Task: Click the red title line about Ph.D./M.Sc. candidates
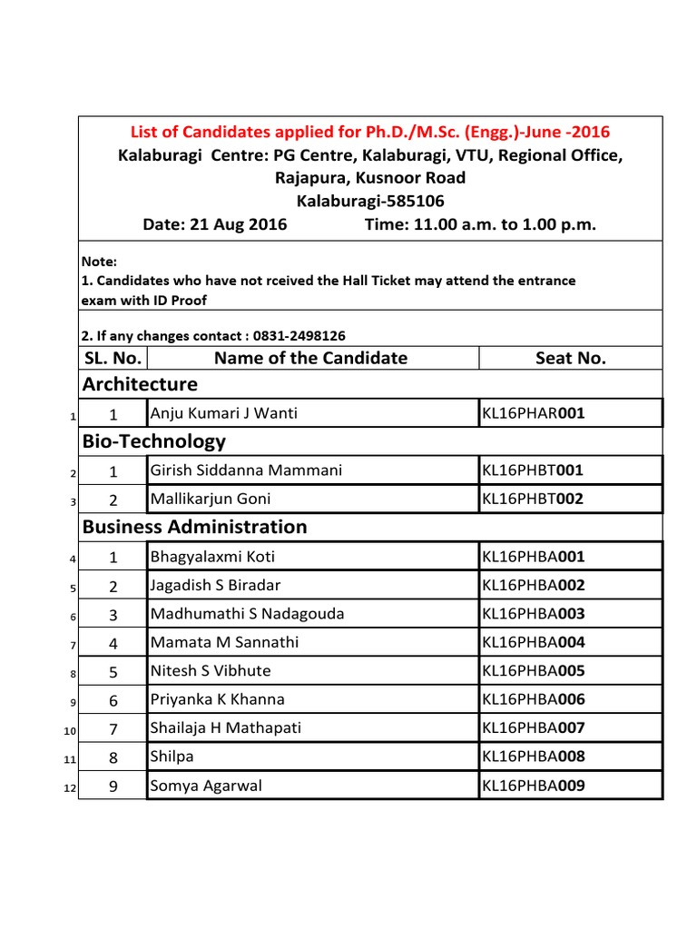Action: tap(370, 132)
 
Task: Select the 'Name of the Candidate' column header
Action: tap(310, 358)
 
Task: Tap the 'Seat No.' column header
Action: tap(570, 358)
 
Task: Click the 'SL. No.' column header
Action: tap(113, 358)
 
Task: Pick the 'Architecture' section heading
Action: tap(140, 384)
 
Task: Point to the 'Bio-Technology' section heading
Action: tap(154, 441)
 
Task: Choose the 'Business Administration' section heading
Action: tap(195, 527)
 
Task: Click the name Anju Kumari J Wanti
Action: tap(223, 414)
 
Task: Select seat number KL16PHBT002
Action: tap(533, 499)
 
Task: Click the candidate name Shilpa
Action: tap(172, 757)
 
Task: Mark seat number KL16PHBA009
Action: tap(533, 786)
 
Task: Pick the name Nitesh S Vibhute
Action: tap(211, 671)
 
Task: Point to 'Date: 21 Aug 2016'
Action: tap(215, 224)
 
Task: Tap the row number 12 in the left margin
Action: tap(69, 788)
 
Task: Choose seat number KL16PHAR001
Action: tap(533, 414)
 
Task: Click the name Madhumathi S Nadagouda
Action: tap(247, 614)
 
